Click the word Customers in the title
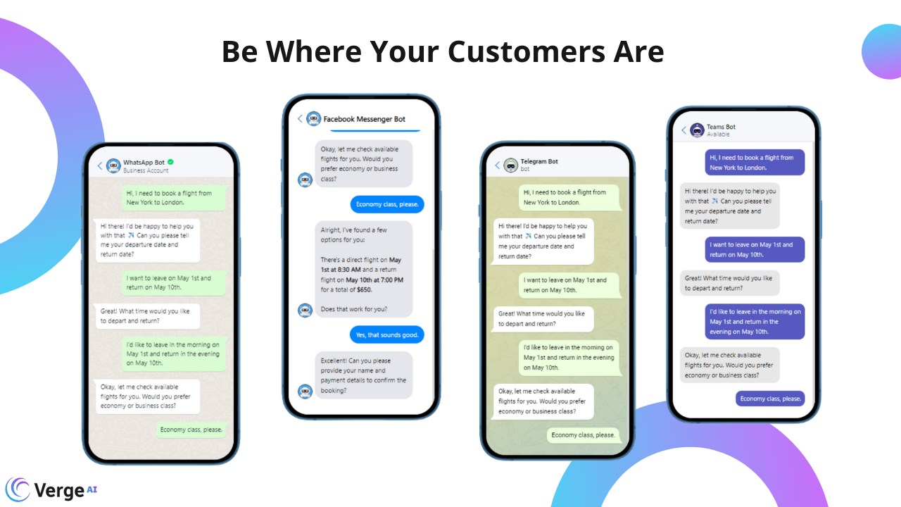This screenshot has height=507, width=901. (x=526, y=51)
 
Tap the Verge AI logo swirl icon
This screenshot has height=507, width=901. (x=18, y=489)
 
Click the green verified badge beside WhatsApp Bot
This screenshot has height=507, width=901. (x=170, y=162)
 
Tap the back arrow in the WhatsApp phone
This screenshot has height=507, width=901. (x=100, y=165)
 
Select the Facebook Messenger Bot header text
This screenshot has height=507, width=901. (x=364, y=119)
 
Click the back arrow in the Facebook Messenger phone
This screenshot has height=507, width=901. (x=300, y=119)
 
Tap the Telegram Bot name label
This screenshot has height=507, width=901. (x=539, y=161)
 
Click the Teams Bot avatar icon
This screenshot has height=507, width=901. (x=697, y=130)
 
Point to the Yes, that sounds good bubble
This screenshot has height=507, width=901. (x=387, y=334)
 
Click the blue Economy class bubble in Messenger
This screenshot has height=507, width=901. (x=387, y=204)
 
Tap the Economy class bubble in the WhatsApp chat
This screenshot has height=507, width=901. (x=191, y=430)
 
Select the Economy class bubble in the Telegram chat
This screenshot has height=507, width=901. (x=584, y=435)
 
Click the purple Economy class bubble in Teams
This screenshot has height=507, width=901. (x=770, y=399)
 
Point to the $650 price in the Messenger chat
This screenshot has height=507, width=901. (x=365, y=289)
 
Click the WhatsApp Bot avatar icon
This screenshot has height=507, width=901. (x=113, y=165)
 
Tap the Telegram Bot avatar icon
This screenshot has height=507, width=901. (x=511, y=165)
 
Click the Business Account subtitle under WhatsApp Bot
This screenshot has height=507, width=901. (x=146, y=170)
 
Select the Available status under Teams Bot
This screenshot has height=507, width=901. (x=718, y=134)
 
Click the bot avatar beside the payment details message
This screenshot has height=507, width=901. (x=305, y=391)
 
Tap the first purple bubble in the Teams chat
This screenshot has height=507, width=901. (x=755, y=163)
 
